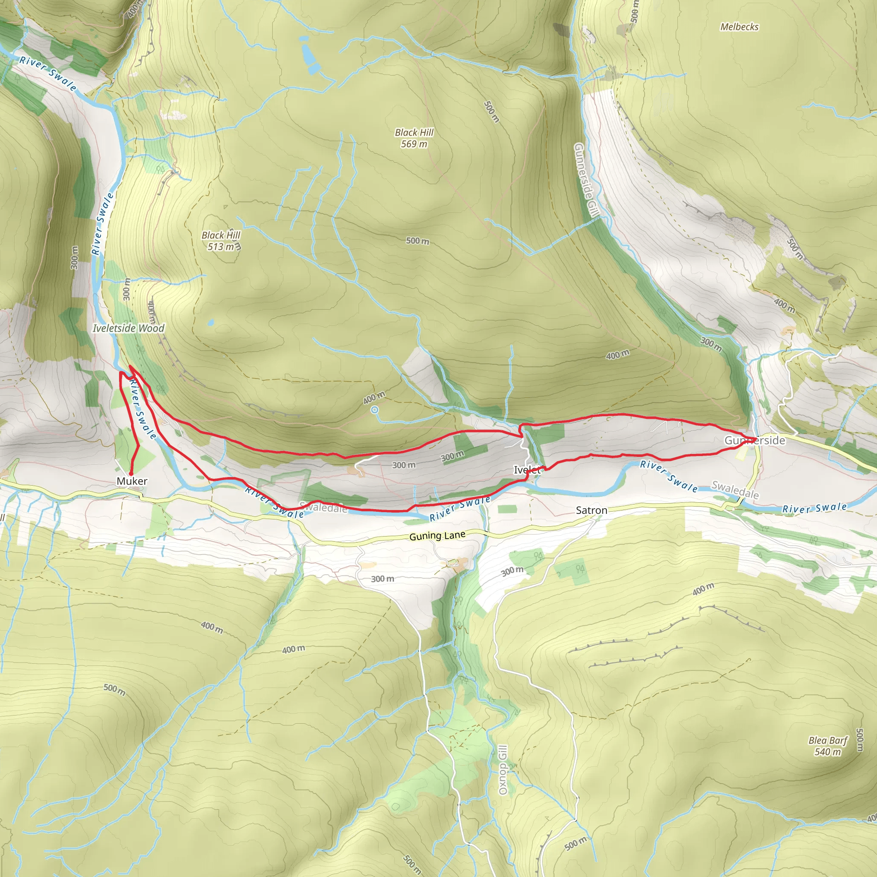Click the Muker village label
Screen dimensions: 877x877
[131, 481]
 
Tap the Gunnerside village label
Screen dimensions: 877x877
[755, 440]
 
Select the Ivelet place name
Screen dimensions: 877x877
[527, 470]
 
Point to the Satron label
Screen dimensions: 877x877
[591, 510]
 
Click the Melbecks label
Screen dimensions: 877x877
[740, 27]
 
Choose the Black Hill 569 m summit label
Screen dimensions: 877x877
[414, 138]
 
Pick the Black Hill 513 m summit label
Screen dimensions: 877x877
[221, 241]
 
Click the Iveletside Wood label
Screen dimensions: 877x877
[128, 328]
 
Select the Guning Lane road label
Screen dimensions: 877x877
[437, 536]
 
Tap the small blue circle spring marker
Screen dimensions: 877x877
[375, 410]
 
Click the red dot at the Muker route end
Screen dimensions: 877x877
[131, 474]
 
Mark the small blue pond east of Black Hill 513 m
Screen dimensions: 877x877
[210, 323]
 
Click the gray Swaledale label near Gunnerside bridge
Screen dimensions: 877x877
[735, 490]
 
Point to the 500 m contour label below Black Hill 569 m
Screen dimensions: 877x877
[417, 241]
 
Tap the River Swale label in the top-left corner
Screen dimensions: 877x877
[48, 73]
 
